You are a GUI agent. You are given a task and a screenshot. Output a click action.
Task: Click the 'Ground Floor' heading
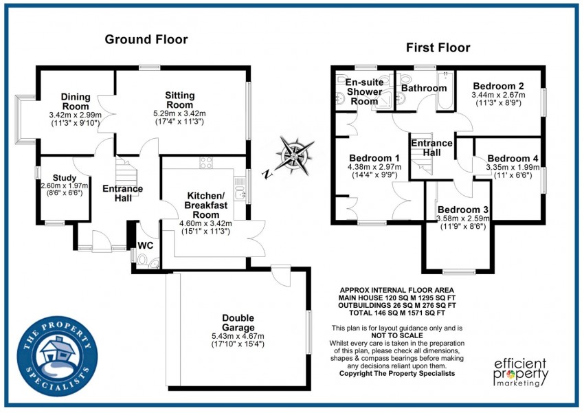click(x=146, y=39)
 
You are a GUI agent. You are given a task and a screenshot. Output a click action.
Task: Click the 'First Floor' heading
click(x=438, y=47)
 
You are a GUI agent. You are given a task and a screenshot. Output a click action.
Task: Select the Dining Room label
click(x=75, y=101)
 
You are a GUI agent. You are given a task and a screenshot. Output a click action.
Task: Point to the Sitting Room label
click(x=180, y=100)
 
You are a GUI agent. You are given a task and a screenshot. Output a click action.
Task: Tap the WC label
click(x=144, y=245)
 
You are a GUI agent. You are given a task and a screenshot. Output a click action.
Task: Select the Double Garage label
click(x=238, y=322)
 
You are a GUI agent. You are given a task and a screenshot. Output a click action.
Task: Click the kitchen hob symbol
click(x=205, y=163)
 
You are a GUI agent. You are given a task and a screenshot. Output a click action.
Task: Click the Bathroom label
click(x=424, y=88)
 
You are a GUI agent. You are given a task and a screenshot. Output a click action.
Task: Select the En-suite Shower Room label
click(x=364, y=91)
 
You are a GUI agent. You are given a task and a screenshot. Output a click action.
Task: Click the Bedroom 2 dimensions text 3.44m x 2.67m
click(x=498, y=95)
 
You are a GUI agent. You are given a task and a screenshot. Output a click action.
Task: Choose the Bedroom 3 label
click(x=463, y=210)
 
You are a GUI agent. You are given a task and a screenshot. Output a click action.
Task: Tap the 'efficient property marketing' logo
click(x=521, y=372)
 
